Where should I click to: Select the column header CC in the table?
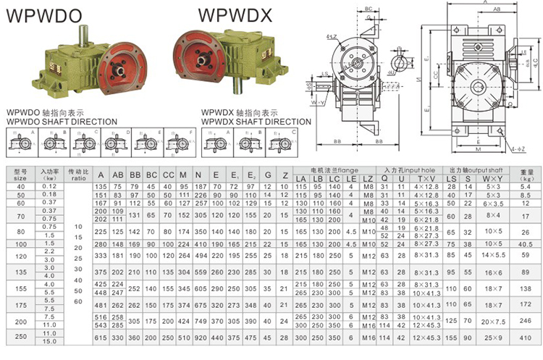click(169, 175)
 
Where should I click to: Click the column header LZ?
click(369, 179)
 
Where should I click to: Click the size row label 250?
click(20, 337)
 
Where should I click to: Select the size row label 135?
click(20, 271)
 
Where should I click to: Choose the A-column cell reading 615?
click(101, 338)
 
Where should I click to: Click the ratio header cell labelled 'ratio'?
click(78, 177)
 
